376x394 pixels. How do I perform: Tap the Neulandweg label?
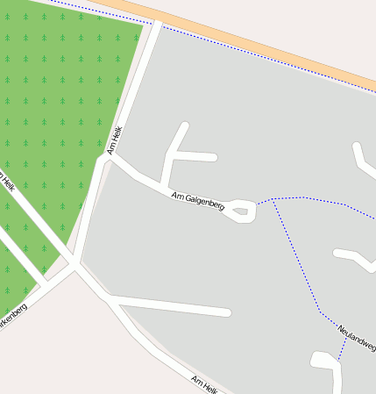point(356,336)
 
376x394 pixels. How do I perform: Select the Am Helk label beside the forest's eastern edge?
point(115,140)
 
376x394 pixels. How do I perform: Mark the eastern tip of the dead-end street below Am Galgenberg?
point(227,312)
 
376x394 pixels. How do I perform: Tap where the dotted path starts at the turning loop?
point(256,205)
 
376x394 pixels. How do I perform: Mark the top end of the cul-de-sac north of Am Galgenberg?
point(184,126)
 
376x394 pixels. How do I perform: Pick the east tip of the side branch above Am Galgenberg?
point(213,157)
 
